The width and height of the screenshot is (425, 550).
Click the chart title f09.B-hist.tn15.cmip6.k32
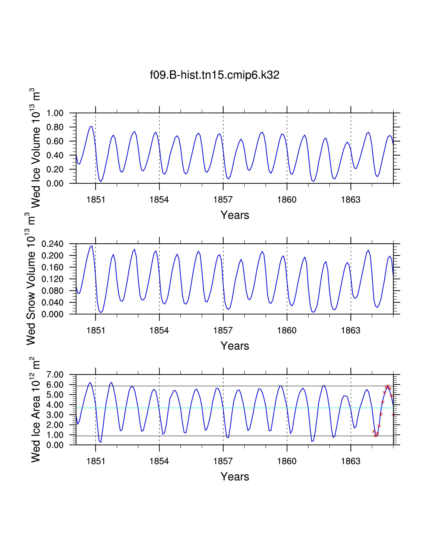(214, 75)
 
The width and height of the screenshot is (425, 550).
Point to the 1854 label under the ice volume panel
(159, 200)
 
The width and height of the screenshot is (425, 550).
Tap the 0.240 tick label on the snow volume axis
(52, 244)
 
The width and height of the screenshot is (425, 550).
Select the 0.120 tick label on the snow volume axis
(52, 279)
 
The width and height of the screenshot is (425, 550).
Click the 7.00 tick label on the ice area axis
(55, 374)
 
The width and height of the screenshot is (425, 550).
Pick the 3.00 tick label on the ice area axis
(55, 415)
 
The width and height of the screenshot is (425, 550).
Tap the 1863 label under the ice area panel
(350, 461)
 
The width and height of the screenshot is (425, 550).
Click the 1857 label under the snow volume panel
(223, 330)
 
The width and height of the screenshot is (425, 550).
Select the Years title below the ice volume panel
(235, 215)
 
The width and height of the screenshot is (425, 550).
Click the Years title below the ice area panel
(235, 476)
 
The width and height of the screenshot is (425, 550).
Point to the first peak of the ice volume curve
(91, 126)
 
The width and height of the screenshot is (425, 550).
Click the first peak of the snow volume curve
(92, 246)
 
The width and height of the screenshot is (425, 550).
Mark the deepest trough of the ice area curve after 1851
(101, 442)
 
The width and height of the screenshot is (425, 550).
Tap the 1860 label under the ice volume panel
(287, 200)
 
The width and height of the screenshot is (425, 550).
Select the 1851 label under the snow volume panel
(95, 330)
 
